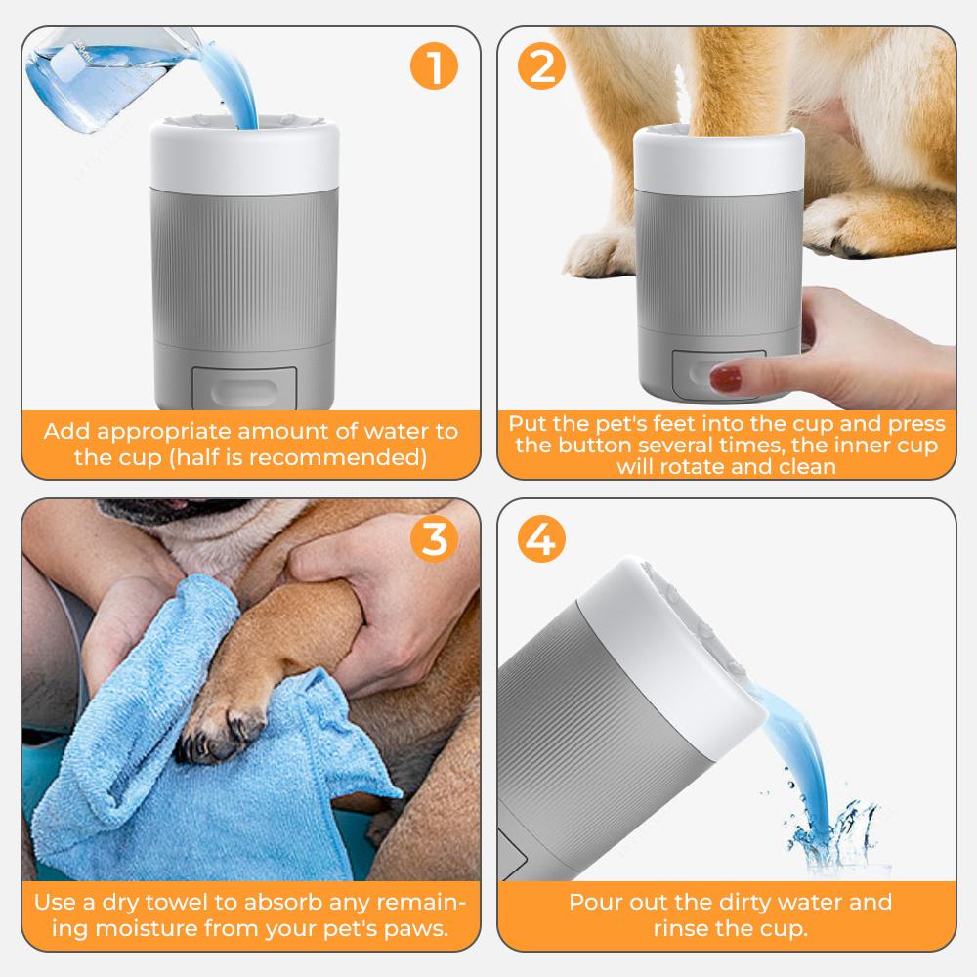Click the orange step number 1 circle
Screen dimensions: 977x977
click(x=433, y=66)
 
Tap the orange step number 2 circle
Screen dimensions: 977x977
click(x=542, y=66)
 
